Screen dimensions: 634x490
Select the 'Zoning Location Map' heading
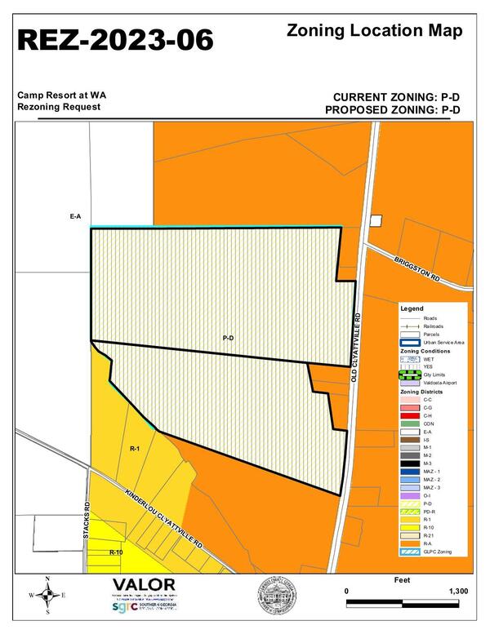(375, 31)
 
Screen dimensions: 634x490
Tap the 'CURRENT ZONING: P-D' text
(393, 95)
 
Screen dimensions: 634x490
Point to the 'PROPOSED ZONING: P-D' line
(393, 109)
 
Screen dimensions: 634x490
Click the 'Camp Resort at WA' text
(62, 95)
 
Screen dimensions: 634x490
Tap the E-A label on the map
(75, 216)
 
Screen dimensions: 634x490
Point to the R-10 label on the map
(117, 552)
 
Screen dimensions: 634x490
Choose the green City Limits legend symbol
(411, 375)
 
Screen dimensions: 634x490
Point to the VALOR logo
(144, 584)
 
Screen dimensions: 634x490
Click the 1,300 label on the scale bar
(458, 590)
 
